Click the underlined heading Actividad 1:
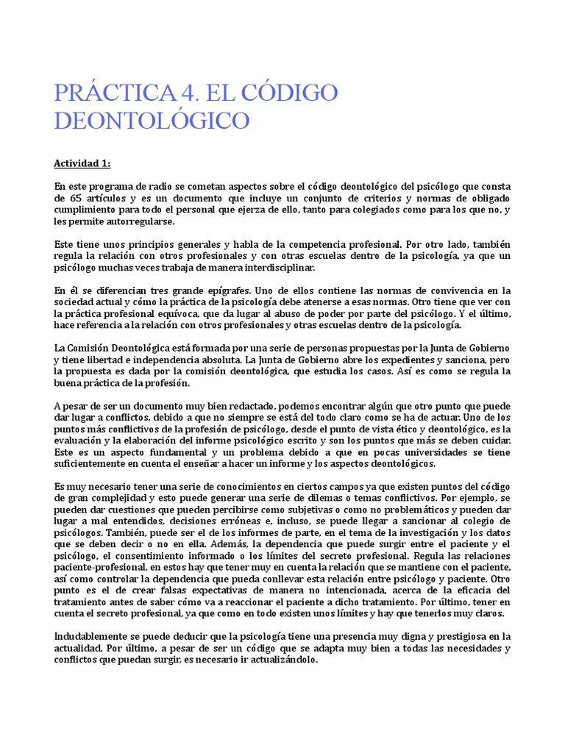[x=82, y=163]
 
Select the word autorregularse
[x=140, y=221]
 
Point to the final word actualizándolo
[x=283, y=660]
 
